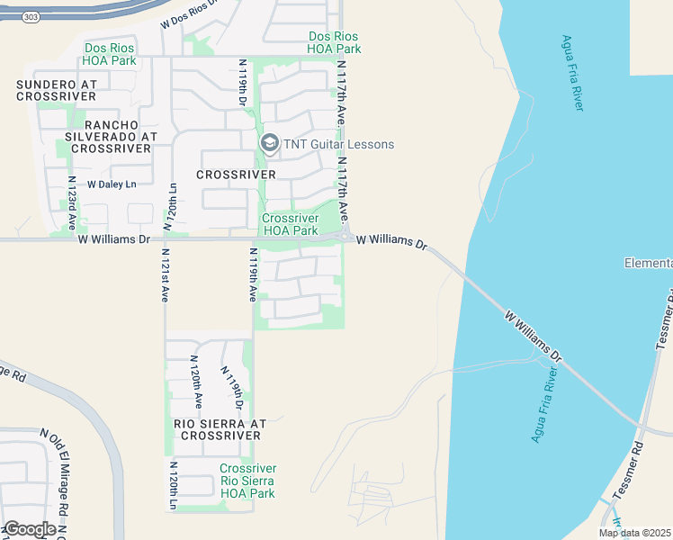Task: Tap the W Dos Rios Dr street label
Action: tap(188, 14)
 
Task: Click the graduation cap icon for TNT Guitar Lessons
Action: tap(269, 144)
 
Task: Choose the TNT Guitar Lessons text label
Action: tap(339, 144)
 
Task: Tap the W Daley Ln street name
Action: tap(111, 184)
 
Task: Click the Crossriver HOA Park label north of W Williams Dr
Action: tap(290, 224)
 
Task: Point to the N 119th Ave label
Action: tap(254, 274)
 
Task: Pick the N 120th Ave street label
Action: tap(194, 382)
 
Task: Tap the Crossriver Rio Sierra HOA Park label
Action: tap(247, 481)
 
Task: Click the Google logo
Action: tap(30, 529)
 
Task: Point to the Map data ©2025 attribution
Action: tap(633, 533)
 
